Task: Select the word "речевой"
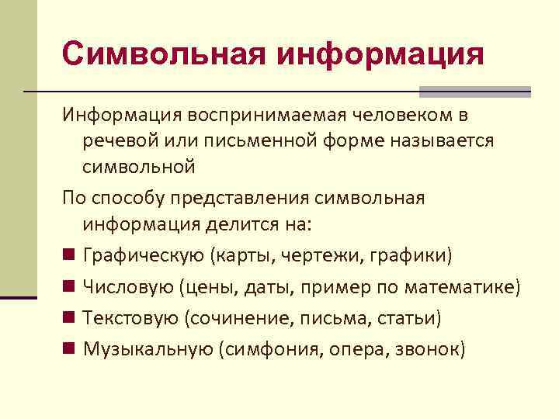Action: click(117, 140)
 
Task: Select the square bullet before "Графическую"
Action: click(69, 255)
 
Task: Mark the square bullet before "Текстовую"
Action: click(69, 317)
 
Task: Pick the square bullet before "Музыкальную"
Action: click(69, 349)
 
